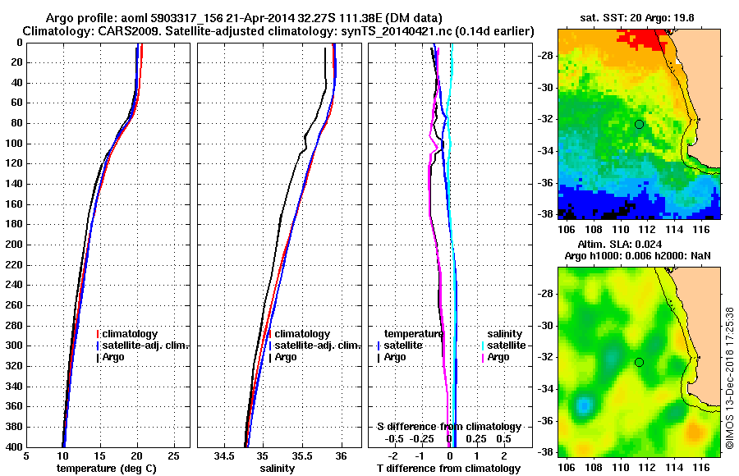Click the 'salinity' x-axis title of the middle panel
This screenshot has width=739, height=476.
click(278, 468)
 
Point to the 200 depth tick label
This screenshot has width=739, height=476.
click(14, 245)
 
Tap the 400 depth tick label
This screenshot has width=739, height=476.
click(14, 447)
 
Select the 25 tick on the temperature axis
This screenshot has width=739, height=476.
click(173, 455)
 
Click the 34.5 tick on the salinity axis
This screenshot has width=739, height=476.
click(225, 455)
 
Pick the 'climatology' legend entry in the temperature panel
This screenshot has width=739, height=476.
click(131, 334)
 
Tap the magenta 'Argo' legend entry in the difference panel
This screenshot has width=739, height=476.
click(499, 357)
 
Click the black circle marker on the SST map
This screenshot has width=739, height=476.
click(639, 124)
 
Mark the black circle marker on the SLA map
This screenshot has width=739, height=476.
click(639, 362)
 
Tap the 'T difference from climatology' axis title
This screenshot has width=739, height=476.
click(448, 468)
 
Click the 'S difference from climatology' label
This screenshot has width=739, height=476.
click(448, 427)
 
